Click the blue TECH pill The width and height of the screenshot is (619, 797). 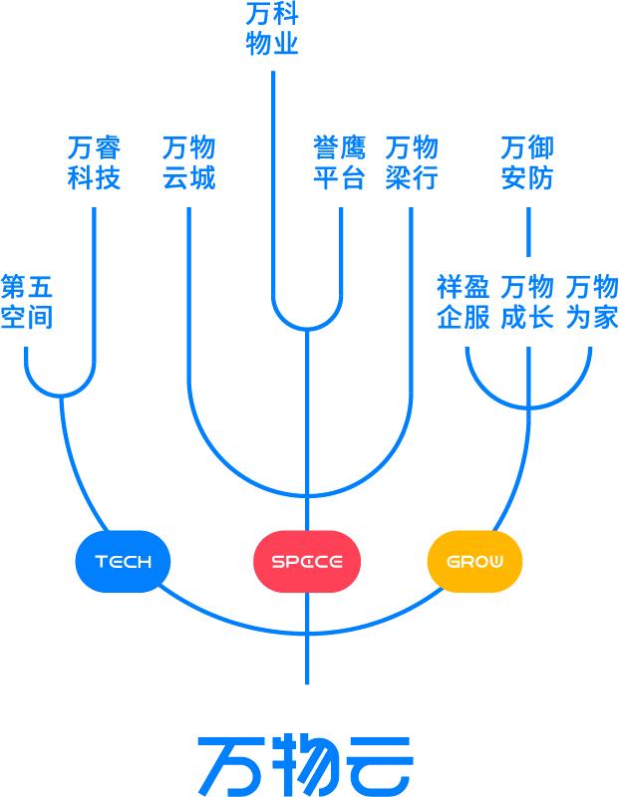(123, 561)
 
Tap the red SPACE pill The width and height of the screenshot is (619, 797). (307, 561)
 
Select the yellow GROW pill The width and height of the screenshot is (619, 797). (474, 561)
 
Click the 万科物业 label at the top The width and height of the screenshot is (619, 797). (272, 29)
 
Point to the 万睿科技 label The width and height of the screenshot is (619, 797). (94, 162)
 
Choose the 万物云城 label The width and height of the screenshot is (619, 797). (189, 162)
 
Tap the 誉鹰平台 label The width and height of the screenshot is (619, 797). (339, 162)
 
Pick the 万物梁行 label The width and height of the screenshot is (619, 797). (412, 162)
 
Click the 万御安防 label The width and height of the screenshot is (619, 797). (527, 162)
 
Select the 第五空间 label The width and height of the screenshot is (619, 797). (27, 302)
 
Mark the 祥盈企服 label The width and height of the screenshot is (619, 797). (463, 302)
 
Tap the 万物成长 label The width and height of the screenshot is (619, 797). (527, 302)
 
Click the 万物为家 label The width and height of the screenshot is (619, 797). (592, 302)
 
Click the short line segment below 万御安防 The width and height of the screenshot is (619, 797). (528, 232)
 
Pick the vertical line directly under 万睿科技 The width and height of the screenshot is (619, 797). (94, 284)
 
